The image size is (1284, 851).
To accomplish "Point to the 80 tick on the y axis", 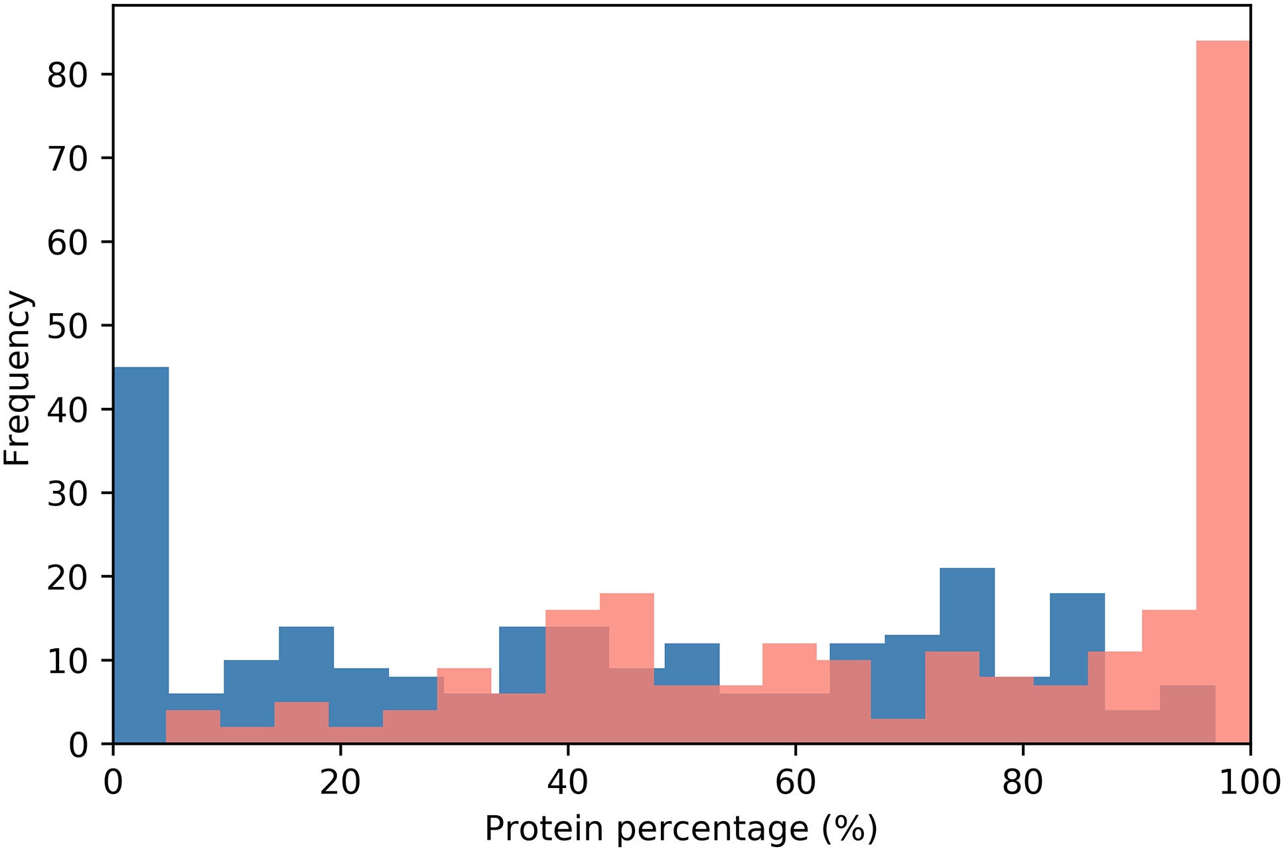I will coord(109,74).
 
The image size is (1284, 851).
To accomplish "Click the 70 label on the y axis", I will coord(68,159).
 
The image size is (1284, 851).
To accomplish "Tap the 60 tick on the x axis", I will coord(795,748).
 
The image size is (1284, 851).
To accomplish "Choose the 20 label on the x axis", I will coord(340,783).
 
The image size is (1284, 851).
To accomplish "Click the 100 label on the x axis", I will coord(1249,783).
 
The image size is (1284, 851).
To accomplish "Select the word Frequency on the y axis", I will coord(17,378).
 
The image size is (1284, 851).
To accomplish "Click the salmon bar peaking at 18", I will coord(627,630).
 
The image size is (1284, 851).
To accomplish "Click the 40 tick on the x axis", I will coord(567,748).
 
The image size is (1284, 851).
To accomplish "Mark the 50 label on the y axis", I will coord(68,326).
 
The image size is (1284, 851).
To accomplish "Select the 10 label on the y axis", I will coord(68,661).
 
